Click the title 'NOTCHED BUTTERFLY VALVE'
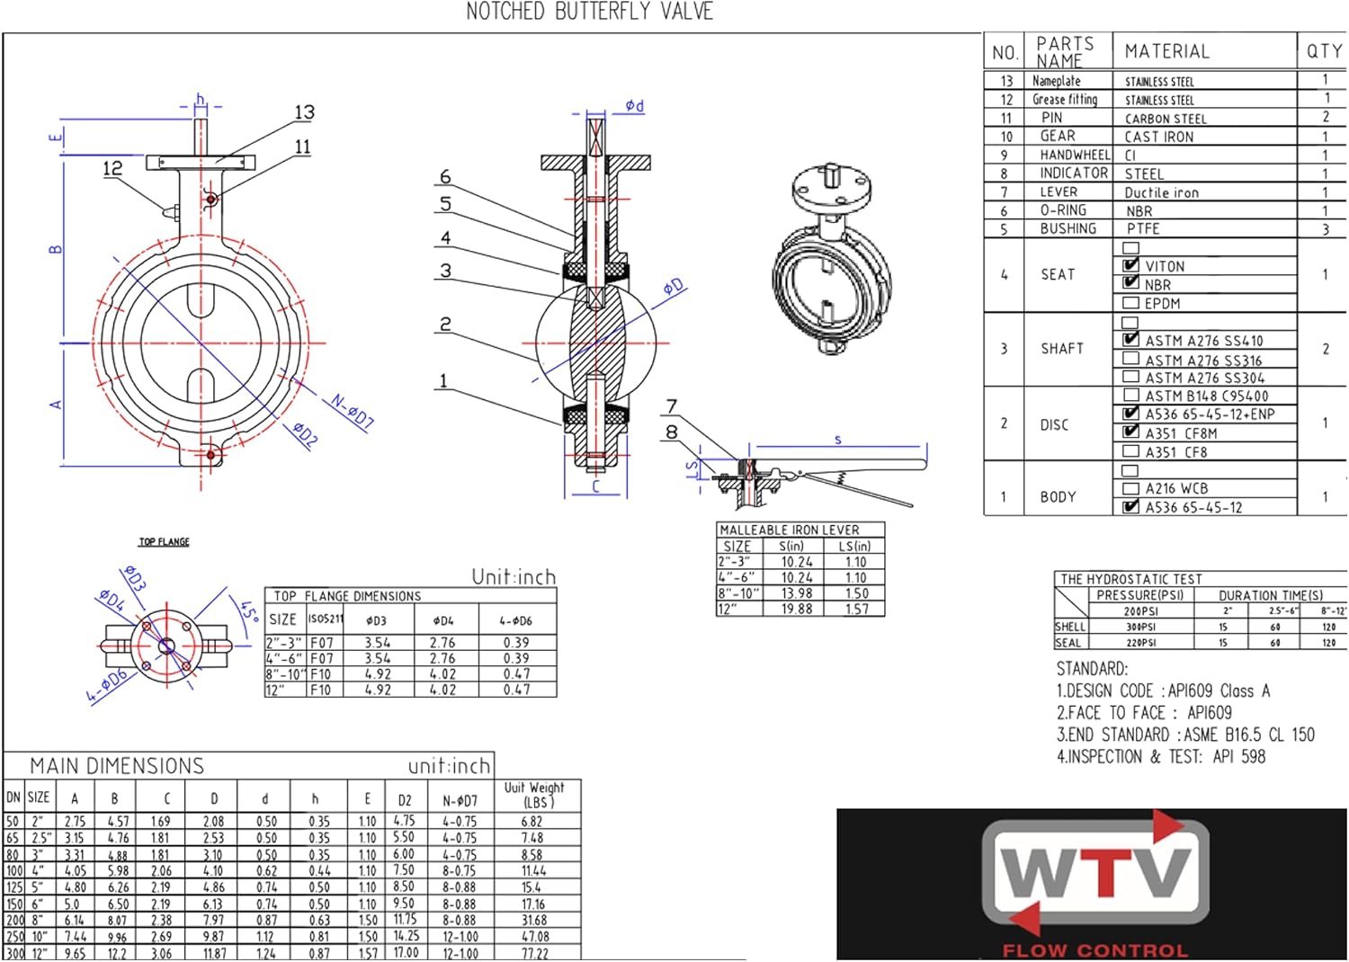(589, 13)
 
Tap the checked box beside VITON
(1131, 265)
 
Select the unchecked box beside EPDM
(1131, 303)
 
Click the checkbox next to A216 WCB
(1131, 488)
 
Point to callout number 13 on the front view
(305, 112)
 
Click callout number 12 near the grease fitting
(112, 168)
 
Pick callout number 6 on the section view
(445, 177)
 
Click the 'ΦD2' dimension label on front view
(306, 434)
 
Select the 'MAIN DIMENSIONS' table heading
(117, 766)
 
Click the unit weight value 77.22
(534, 953)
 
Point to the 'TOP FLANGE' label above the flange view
(164, 542)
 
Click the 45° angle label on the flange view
(249, 611)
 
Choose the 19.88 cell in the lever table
(797, 609)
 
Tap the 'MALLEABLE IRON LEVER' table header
(789, 530)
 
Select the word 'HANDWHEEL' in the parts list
(1075, 155)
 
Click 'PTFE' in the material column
(1143, 228)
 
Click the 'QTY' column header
(1324, 51)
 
